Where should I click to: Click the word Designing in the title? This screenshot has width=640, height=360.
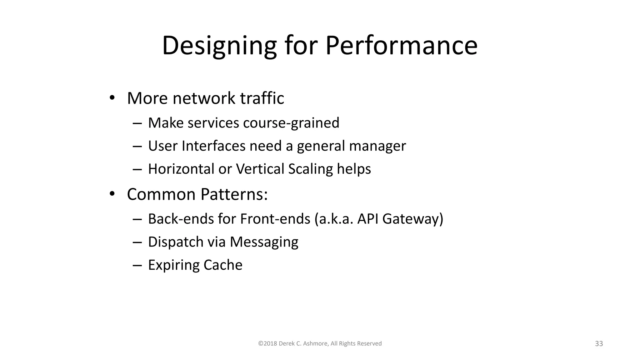pyautogui.click(x=219, y=46)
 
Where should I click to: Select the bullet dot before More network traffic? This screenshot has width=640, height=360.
pyautogui.click(x=112, y=98)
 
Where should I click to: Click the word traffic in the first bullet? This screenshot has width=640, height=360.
pyautogui.click(x=262, y=98)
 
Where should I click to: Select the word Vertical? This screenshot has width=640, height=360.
pyautogui.click(x=260, y=169)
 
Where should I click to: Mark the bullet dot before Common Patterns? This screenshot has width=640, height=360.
pyautogui.click(x=112, y=194)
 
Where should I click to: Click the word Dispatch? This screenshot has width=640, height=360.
pyautogui.click(x=176, y=242)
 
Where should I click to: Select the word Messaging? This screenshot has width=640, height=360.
pyautogui.click(x=264, y=242)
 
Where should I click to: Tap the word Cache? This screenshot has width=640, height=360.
pyautogui.click(x=223, y=265)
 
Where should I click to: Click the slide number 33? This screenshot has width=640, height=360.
pyautogui.click(x=599, y=344)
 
